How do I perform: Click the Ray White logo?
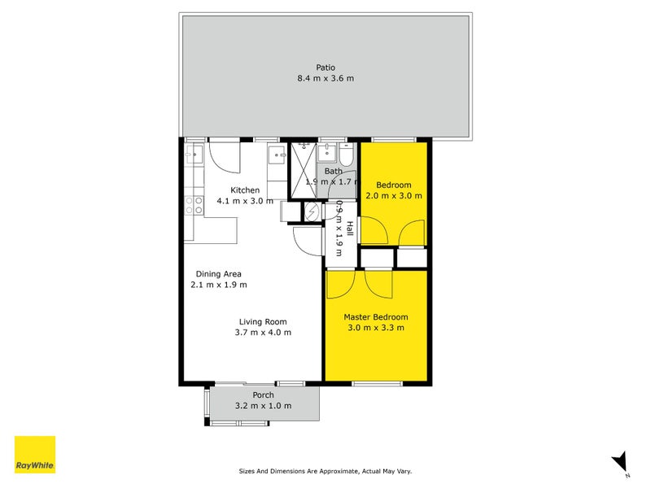(x=35, y=455)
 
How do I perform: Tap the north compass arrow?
(x=620, y=461)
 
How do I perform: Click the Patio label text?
(x=325, y=68)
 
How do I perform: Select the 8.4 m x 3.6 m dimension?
(x=325, y=79)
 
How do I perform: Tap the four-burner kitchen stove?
(x=194, y=204)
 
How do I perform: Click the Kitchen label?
(x=244, y=190)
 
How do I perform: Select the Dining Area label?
(x=218, y=274)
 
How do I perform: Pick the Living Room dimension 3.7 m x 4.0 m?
(x=264, y=332)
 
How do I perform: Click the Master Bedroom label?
(x=375, y=317)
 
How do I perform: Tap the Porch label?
(x=263, y=395)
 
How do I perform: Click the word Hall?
(x=350, y=229)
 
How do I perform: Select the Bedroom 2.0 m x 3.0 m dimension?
(x=394, y=196)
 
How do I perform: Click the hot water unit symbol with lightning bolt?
(x=312, y=211)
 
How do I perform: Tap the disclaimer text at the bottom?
(x=325, y=471)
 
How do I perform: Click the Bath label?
(x=334, y=172)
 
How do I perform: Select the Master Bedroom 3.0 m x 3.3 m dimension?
(x=375, y=328)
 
